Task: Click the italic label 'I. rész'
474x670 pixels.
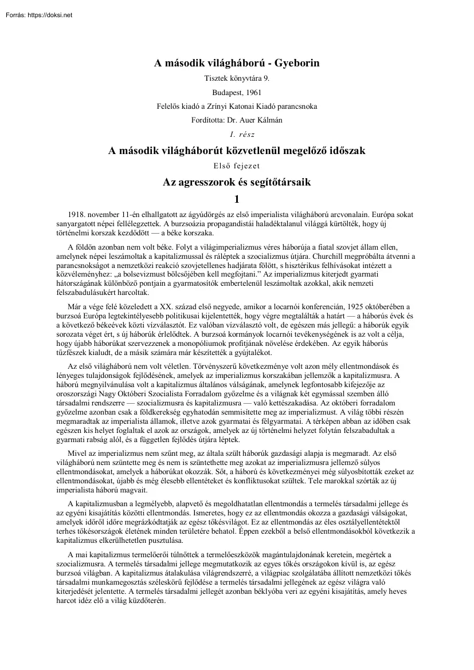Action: pyautogui.click(x=237, y=135)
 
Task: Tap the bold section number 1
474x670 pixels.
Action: pyautogui.click(x=237, y=200)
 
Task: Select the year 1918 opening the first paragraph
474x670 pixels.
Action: pyautogui.click(x=76, y=214)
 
